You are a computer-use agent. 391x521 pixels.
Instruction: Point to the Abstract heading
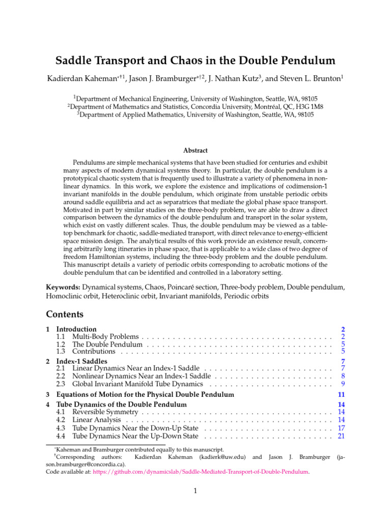[195, 150]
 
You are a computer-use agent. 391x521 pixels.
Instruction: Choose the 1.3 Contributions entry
[94, 352]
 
